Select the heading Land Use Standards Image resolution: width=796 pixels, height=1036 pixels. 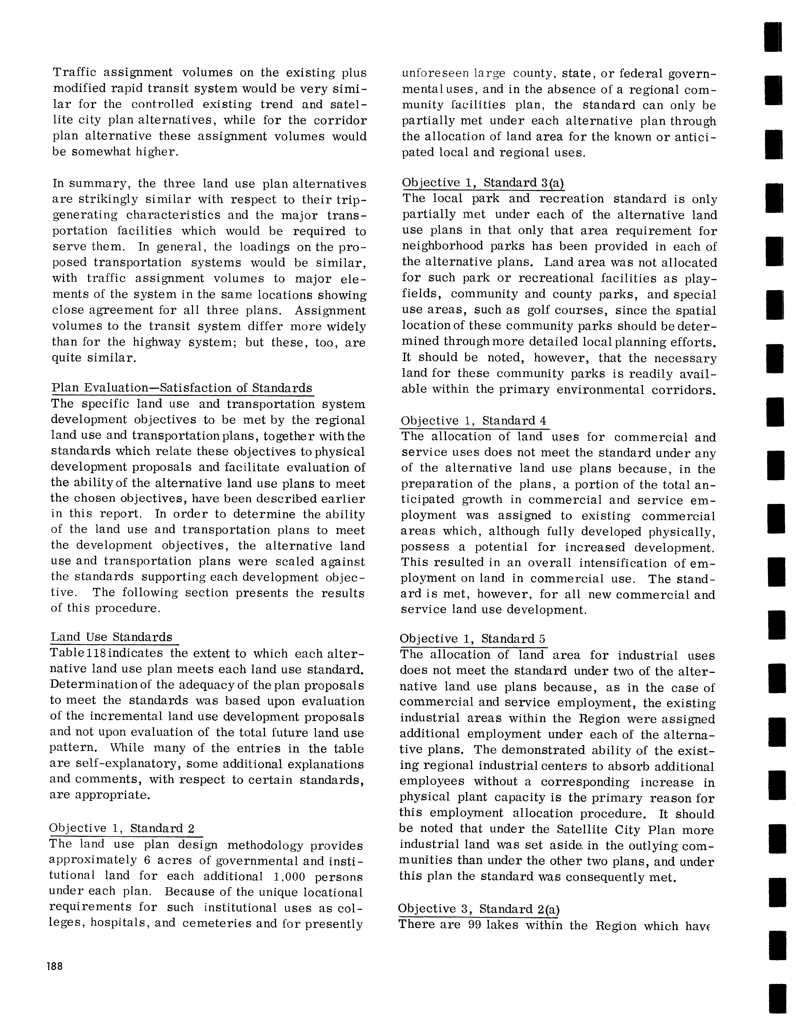click(x=112, y=637)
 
